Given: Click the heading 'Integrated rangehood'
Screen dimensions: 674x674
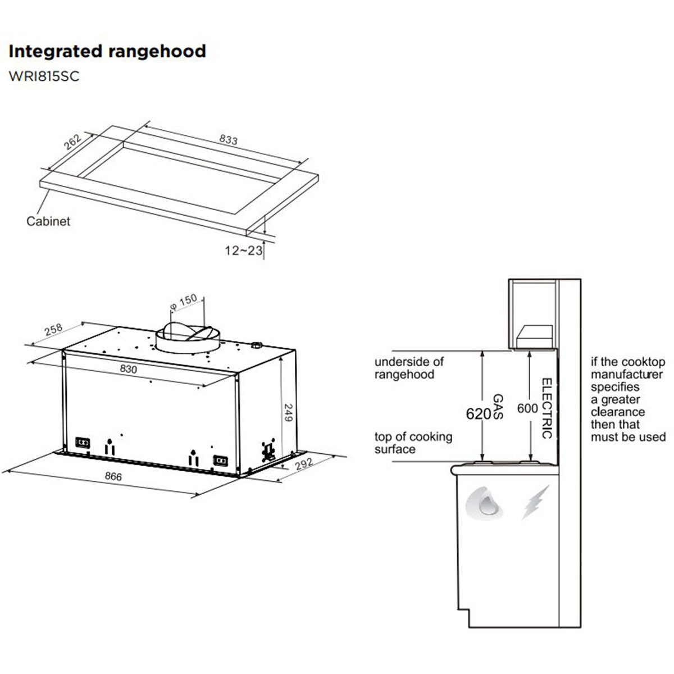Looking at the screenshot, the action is pyautogui.click(x=107, y=52).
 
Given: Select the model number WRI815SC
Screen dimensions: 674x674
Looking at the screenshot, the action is pyautogui.click(x=44, y=76).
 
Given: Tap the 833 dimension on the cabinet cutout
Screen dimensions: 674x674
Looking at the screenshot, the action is pyautogui.click(x=229, y=139).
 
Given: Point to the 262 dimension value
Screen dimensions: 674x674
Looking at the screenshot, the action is pyautogui.click(x=73, y=142).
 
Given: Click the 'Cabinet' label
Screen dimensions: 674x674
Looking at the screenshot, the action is pyautogui.click(x=48, y=221).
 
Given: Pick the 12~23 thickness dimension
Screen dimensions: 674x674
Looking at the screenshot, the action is pyautogui.click(x=243, y=251).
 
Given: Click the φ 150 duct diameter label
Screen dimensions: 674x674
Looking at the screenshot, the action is pyautogui.click(x=184, y=302).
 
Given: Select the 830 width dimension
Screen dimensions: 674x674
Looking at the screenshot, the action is pyautogui.click(x=129, y=368).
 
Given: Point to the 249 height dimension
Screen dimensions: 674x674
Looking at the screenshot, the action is pyautogui.click(x=288, y=413).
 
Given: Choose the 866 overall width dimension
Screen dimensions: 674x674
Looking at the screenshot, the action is pyautogui.click(x=113, y=476).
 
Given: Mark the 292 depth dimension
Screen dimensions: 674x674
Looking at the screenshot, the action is pyautogui.click(x=304, y=464).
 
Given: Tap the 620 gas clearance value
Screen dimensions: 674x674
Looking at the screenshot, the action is pyautogui.click(x=479, y=414).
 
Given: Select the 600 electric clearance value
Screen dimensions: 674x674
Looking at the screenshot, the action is pyautogui.click(x=527, y=408).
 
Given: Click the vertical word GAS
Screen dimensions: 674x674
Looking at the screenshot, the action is pyautogui.click(x=498, y=407).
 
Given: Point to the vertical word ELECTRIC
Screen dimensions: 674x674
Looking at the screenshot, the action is pyautogui.click(x=547, y=408).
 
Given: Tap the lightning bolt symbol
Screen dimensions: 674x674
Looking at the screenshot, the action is pyautogui.click(x=535, y=503).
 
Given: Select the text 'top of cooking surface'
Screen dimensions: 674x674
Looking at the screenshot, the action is pyautogui.click(x=413, y=443).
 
